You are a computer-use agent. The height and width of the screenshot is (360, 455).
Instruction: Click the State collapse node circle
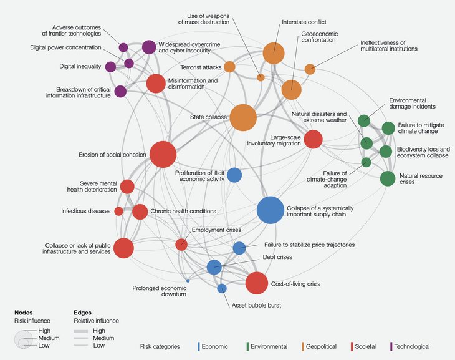point(243,117)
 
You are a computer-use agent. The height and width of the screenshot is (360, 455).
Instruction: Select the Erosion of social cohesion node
point(163,155)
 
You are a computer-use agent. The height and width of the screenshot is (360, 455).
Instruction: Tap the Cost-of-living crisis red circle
point(257,283)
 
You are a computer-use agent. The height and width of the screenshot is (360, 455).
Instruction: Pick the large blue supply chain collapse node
point(271,210)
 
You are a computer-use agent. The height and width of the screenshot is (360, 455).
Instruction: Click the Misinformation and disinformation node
point(155,83)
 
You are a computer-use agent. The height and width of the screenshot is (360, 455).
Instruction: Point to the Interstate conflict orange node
point(274,53)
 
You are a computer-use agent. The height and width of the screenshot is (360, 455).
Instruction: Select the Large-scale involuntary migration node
point(313,139)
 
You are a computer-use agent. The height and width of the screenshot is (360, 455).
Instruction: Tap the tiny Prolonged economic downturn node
point(188,281)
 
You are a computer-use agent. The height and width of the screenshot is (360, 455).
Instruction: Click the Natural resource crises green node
point(388,178)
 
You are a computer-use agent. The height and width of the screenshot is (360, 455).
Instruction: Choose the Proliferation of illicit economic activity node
point(234,175)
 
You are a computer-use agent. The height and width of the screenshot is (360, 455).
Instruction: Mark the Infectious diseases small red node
point(118,211)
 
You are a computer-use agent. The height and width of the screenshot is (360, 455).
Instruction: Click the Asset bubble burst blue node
point(221,288)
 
